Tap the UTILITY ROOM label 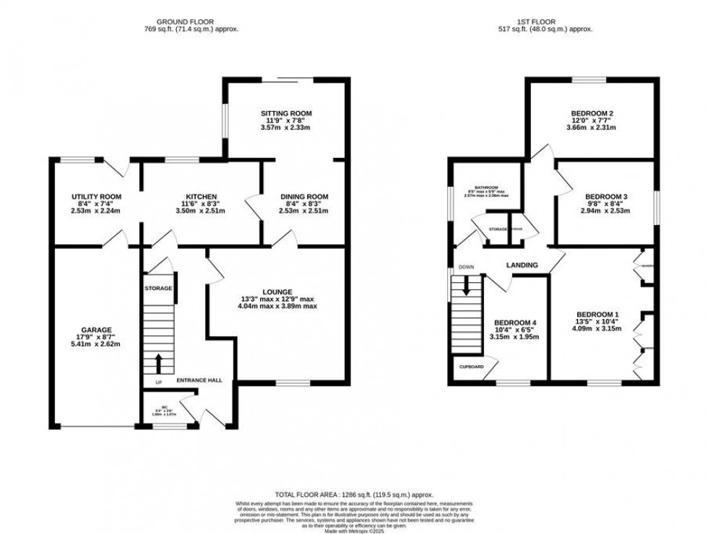tap(95, 196)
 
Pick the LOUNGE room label tap(277, 291)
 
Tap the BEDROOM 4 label tap(514, 323)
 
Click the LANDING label tap(522, 266)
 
